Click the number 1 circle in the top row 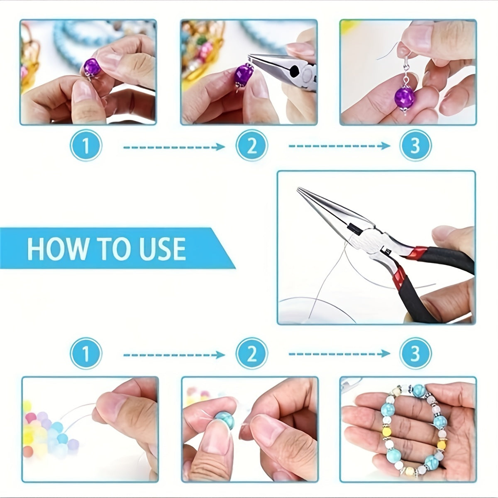coord(86,146)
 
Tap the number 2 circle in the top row coord(251,146)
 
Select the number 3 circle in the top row coord(415,146)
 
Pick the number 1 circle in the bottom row coord(86,354)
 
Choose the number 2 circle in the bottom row coord(251,354)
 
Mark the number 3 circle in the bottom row coord(415,354)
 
